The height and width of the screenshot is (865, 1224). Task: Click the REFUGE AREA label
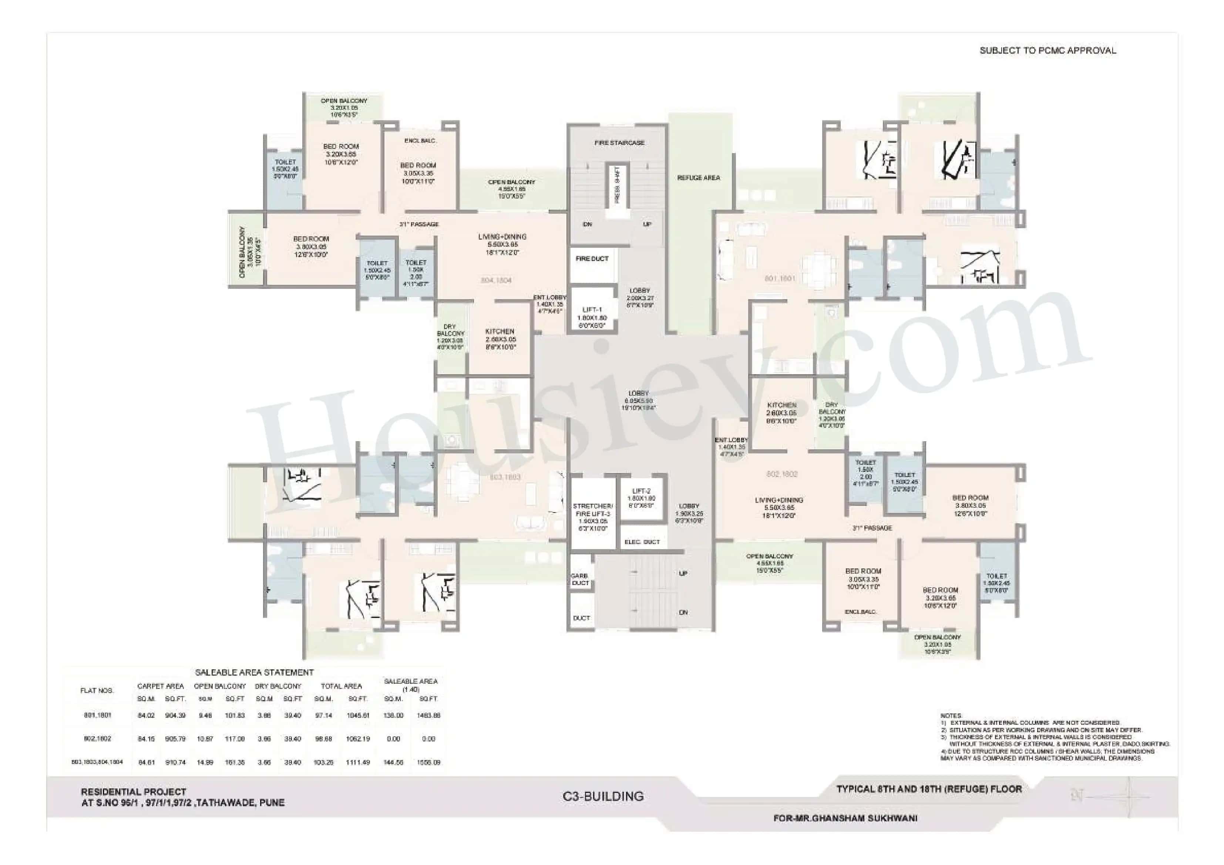point(698,178)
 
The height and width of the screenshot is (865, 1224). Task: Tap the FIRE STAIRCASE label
point(619,143)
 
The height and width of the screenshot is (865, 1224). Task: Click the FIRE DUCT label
point(592,259)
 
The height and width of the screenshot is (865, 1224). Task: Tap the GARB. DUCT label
point(580,580)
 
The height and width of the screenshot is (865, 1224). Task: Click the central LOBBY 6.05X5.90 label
point(639,400)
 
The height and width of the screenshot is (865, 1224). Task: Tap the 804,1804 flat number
point(496,280)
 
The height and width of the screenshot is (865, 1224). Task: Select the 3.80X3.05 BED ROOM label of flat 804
point(311,247)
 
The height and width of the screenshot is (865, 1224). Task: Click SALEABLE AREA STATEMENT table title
point(254,673)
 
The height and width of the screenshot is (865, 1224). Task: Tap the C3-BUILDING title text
point(603,796)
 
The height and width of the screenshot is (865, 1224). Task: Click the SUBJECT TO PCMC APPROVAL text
point(1048,51)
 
